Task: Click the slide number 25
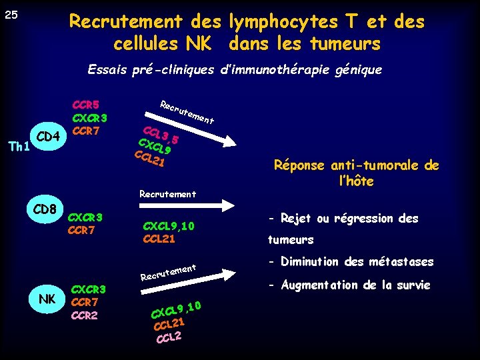point(11,14)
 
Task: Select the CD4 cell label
point(49,137)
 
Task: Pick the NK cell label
point(47,299)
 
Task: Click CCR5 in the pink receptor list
point(85,105)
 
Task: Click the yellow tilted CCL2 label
point(169,338)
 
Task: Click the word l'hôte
point(357,181)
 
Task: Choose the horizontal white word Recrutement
point(167,194)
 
